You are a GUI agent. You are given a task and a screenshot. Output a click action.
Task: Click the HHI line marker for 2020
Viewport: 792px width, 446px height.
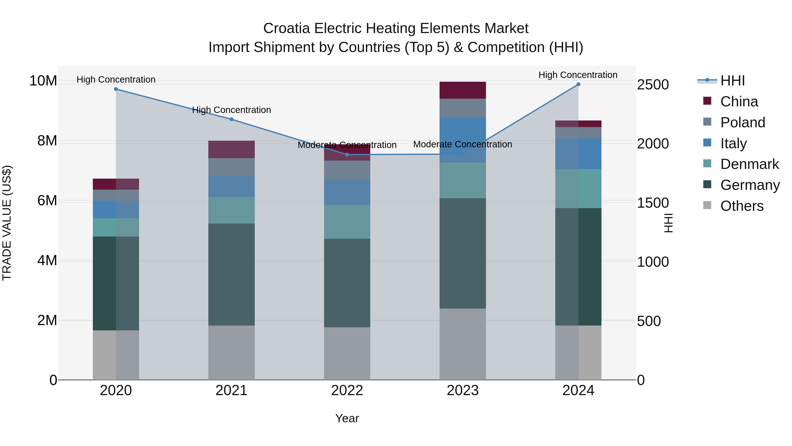click(x=116, y=89)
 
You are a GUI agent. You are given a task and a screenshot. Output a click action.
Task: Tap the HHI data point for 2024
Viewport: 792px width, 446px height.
click(x=578, y=84)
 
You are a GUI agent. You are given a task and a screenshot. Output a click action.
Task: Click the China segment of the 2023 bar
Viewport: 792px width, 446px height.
click(x=463, y=90)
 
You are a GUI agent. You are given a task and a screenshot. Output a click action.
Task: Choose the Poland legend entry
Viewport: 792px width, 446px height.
click(x=742, y=122)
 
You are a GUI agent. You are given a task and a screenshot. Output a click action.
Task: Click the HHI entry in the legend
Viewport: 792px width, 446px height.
click(x=732, y=81)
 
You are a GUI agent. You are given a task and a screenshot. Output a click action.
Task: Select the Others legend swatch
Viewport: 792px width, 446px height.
click(x=707, y=205)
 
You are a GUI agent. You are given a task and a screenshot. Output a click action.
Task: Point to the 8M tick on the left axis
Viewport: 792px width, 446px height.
click(x=47, y=141)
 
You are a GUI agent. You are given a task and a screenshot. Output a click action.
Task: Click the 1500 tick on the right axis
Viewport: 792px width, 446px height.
click(x=653, y=203)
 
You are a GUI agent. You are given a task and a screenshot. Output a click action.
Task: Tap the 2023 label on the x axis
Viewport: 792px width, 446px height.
click(x=463, y=390)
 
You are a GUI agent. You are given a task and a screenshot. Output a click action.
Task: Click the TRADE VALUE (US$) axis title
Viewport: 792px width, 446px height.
click(x=7, y=223)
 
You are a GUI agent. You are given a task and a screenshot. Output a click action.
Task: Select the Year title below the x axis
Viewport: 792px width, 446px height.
click(x=347, y=418)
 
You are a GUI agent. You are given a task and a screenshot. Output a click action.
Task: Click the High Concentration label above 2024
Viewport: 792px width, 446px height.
click(x=578, y=75)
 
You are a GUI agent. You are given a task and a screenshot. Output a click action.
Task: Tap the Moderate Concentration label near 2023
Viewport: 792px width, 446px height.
click(x=462, y=144)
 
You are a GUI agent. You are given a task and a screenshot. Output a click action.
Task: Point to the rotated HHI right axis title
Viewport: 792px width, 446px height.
click(x=668, y=223)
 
